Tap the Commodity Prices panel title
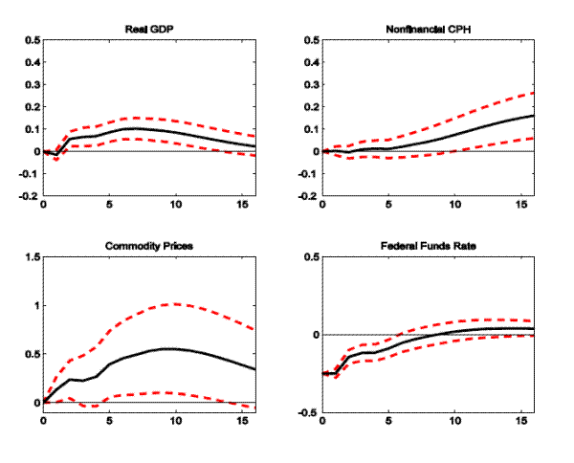click(x=148, y=246)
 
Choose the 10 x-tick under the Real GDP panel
click(x=175, y=206)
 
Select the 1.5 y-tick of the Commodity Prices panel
click(x=33, y=258)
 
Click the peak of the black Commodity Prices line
click(x=168, y=348)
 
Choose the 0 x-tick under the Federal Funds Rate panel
click(x=323, y=423)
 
